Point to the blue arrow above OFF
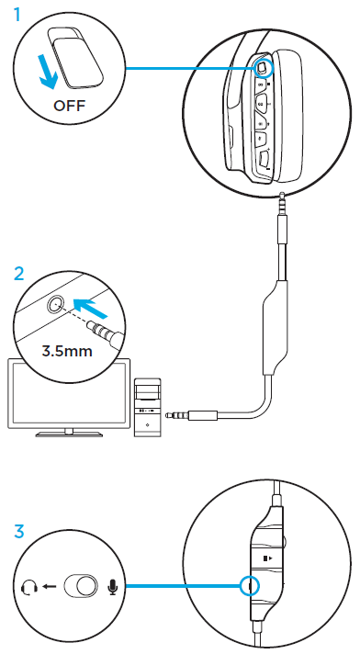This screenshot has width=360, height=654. pos(46,72)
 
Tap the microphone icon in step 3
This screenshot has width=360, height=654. pos(113,585)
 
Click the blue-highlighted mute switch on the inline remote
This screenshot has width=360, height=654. pos(245,585)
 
